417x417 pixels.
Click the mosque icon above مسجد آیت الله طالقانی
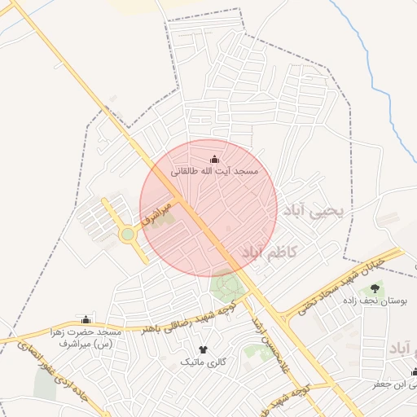coord(214,159)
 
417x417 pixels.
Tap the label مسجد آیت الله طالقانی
coord(214,173)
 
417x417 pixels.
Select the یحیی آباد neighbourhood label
coord(314,211)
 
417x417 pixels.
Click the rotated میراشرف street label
coord(156,213)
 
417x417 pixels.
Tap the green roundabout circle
coord(128,235)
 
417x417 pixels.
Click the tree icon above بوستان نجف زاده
coord(375,288)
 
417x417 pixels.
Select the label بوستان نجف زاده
coord(375,301)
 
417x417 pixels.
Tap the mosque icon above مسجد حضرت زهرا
coord(86,318)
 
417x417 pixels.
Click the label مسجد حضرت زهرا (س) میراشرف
coord(86,338)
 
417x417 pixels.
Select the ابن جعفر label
coord(391,384)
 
